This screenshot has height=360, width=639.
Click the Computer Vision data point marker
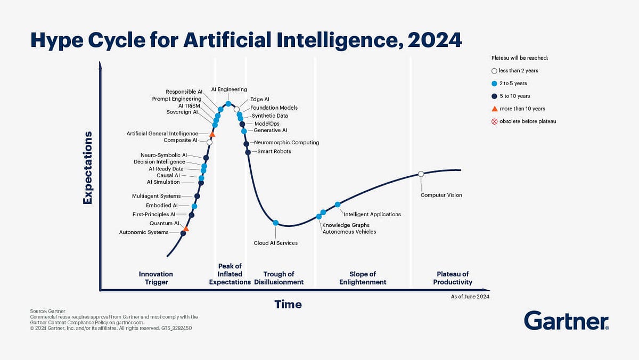pyautogui.click(x=421, y=174)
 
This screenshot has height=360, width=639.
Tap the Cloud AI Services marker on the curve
pyautogui.click(x=276, y=223)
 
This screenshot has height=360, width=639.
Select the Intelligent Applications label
pyautogui.click(x=372, y=214)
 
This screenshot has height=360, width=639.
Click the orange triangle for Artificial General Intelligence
pyautogui.click(x=212, y=134)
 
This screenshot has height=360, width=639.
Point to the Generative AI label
pyautogui.click(x=271, y=130)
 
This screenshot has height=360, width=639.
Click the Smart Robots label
pyautogui.click(x=274, y=152)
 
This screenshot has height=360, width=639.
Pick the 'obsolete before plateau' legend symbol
pyautogui.click(x=494, y=121)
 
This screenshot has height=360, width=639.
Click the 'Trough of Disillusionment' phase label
pyautogui.click(x=278, y=278)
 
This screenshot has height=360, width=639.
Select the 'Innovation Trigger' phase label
pyautogui.click(x=156, y=278)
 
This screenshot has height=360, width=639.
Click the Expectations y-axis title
pyautogui.click(x=87, y=167)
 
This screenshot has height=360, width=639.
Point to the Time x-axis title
pyautogui.click(x=288, y=305)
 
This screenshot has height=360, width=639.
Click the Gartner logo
pyautogui.click(x=566, y=321)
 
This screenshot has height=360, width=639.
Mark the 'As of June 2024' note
pyautogui.click(x=470, y=296)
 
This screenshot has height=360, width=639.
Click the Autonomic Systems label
pyautogui.click(x=144, y=232)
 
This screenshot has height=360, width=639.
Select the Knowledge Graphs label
pyautogui.click(x=346, y=225)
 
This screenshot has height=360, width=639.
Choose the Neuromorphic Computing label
pyautogui.click(x=286, y=143)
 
